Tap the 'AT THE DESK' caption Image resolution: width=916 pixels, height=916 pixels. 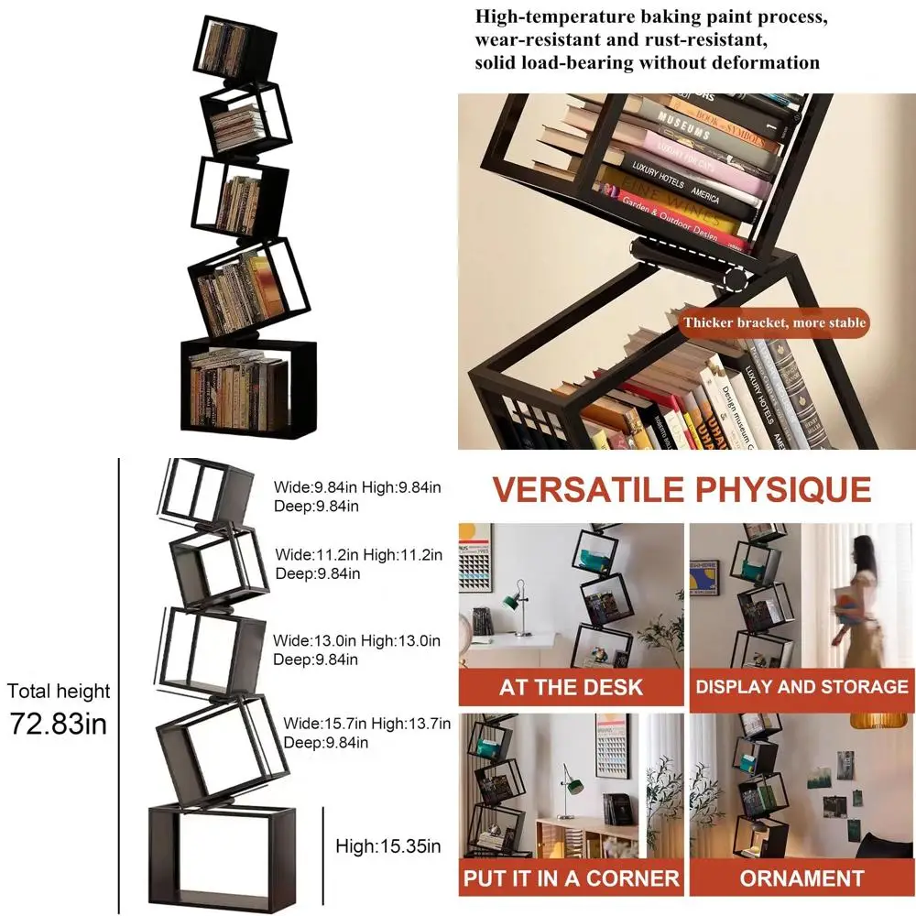[x=571, y=687]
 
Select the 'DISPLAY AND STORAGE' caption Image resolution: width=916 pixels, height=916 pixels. [x=801, y=687]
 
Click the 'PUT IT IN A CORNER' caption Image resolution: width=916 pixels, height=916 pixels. [x=571, y=878]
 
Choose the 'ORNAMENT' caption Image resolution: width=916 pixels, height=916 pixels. [x=801, y=878]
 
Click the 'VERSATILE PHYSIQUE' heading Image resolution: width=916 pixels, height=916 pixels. [x=682, y=489]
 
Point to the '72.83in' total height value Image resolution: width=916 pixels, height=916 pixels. [x=59, y=724]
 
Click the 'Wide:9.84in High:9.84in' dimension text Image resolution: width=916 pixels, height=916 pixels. [x=358, y=488]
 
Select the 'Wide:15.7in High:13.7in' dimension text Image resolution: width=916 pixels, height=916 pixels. [x=366, y=725]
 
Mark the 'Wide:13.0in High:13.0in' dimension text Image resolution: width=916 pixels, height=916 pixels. [x=358, y=641]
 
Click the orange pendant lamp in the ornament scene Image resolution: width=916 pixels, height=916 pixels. [x=877, y=718]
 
